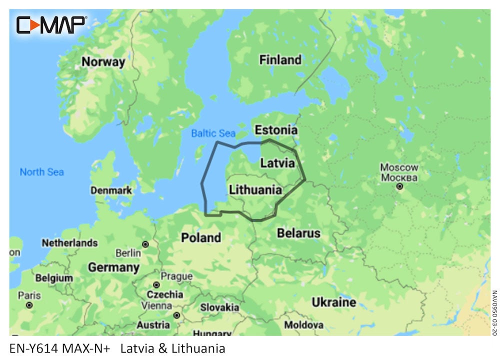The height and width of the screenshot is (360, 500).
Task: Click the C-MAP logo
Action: click(x=51, y=24)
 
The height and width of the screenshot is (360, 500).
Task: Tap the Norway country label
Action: click(x=103, y=62)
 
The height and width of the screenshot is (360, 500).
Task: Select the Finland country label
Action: click(x=280, y=60)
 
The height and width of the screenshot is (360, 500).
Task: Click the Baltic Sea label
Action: click(x=213, y=133)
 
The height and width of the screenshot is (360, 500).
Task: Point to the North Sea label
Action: click(x=42, y=172)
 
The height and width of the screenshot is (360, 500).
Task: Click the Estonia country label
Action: click(x=276, y=130)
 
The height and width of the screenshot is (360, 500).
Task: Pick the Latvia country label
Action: click(x=277, y=163)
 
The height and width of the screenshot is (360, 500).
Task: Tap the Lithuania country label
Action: click(x=255, y=190)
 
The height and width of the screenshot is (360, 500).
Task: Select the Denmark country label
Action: click(x=111, y=190)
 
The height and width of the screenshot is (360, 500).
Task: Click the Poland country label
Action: click(x=200, y=237)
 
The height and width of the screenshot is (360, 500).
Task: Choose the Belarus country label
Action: click(x=298, y=233)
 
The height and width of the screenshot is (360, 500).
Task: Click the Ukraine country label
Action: click(x=333, y=302)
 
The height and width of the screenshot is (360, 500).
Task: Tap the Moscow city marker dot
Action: click(x=399, y=186)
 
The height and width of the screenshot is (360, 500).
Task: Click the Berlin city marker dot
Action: click(x=145, y=244)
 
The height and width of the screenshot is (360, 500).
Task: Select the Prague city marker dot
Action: click(x=156, y=284)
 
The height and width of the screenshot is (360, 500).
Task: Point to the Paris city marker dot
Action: click(x=29, y=304)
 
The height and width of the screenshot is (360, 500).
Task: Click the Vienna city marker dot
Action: click(x=176, y=315)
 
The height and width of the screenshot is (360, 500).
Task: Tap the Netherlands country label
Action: click(x=69, y=243)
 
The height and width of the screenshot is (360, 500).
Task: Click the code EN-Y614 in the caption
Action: click(x=31, y=348)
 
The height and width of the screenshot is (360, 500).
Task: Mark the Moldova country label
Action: click(x=304, y=325)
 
